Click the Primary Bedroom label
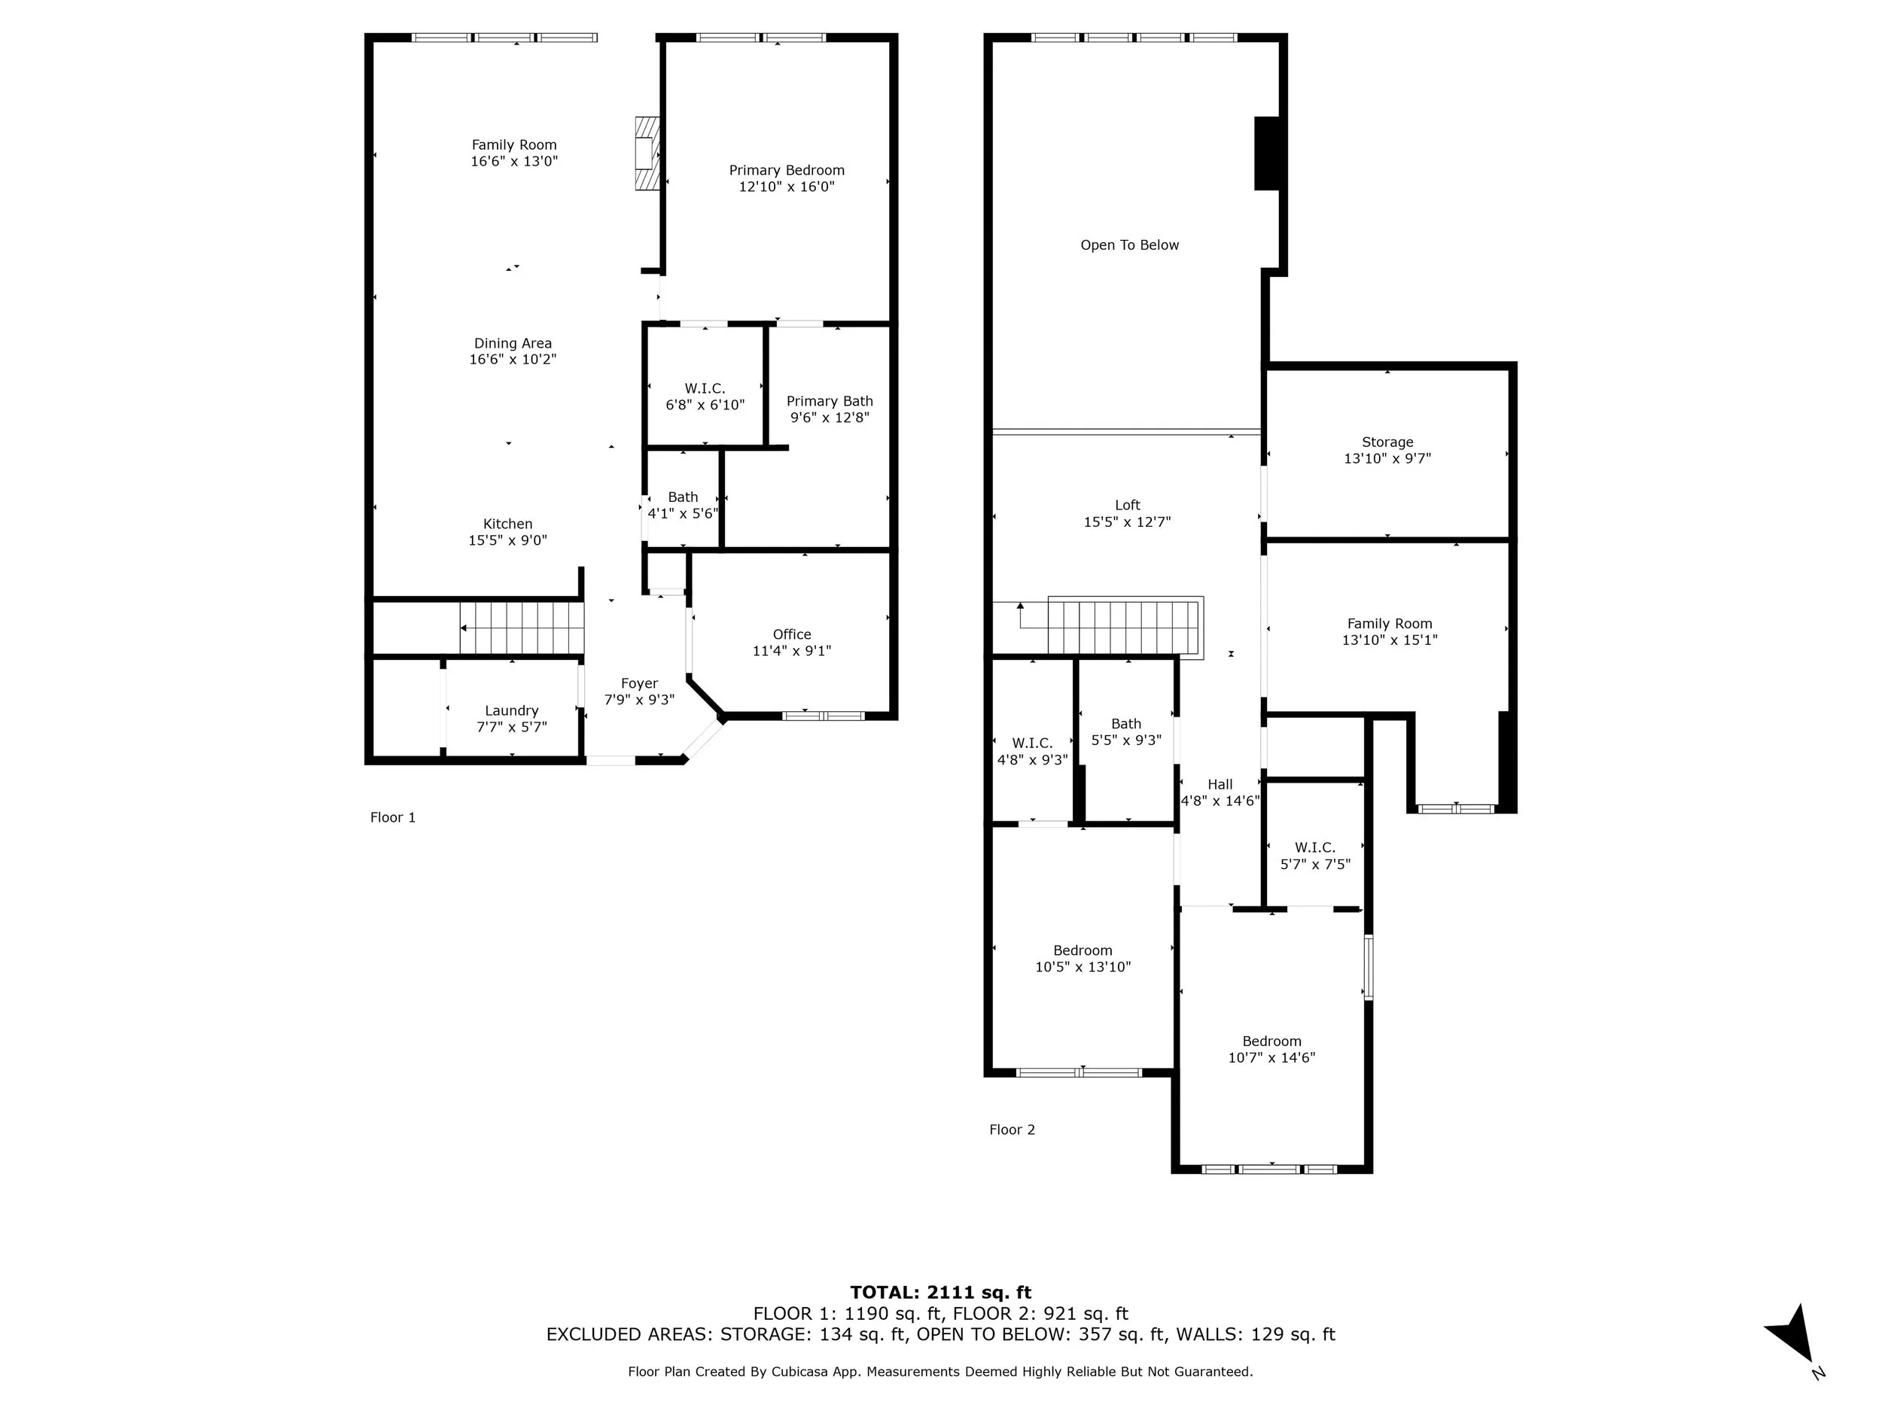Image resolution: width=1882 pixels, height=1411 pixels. coord(786,170)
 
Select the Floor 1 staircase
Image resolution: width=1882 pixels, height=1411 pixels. coord(522,628)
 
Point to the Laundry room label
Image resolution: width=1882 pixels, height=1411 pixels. coord(511,711)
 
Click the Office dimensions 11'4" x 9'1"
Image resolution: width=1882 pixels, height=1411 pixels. coord(791,651)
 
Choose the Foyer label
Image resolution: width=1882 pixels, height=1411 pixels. coord(639,684)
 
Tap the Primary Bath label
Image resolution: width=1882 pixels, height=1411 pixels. coord(830,401)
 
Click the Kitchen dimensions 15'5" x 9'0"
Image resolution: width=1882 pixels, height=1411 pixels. coord(508,540)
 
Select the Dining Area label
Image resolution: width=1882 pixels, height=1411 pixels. coord(513,344)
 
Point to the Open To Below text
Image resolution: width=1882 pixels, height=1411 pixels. coord(1130,245)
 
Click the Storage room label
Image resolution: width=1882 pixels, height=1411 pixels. coord(1387,442)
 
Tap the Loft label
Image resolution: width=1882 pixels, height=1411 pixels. coord(1128,505)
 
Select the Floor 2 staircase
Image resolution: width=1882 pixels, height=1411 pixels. coord(1125,628)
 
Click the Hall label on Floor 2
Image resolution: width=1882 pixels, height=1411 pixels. coord(1220,784)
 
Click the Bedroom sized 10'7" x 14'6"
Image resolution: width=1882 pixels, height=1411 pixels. coord(1272,1050)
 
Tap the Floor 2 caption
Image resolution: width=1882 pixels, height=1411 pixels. coord(1013,1130)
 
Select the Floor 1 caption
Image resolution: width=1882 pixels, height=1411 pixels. coord(393,817)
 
